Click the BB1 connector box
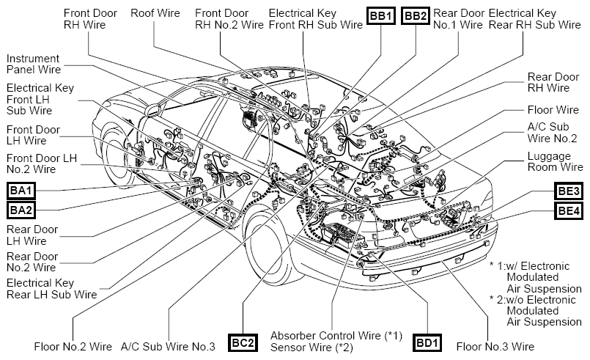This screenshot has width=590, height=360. (x=381, y=16)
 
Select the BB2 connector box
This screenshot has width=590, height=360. (x=416, y=16)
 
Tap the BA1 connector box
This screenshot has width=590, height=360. (x=21, y=190)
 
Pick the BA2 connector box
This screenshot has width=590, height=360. (x=21, y=210)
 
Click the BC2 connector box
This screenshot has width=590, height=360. (x=243, y=342)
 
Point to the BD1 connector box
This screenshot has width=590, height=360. (x=427, y=342)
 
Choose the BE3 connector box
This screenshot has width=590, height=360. (x=569, y=191)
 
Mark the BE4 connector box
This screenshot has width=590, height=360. (x=569, y=210)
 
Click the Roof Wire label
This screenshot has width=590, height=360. (x=155, y=13)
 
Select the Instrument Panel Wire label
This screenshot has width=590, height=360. (x=34, y=64)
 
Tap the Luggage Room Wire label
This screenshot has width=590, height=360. (x=555, y=161)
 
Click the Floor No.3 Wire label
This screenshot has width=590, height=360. (x=495, y=347)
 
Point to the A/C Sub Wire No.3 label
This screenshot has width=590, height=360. (x=168, y=347)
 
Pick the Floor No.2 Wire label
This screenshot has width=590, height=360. (x=73, y=347)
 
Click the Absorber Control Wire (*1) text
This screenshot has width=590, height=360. (x=336, y=336)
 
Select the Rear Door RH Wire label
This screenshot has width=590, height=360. (x=553, y=82)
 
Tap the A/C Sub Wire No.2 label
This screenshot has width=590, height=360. (x=552, y=133)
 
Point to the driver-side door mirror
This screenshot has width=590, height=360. (x=153, y=109)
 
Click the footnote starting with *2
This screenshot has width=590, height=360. (x=536, y=311)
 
